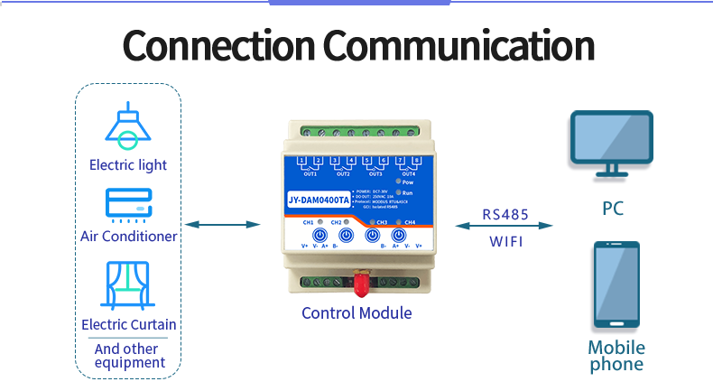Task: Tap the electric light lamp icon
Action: tap(127, 126)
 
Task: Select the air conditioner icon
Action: tap(127, 204)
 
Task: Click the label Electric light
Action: tap(128, 165)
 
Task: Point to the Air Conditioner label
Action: tap(128, 237)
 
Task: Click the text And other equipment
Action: tap(129, 356)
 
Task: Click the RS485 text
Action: tap(505, 214)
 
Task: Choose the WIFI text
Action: tap(505, 242)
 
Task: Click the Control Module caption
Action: tap(356, 313)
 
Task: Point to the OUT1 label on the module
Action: tap(310, 173)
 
